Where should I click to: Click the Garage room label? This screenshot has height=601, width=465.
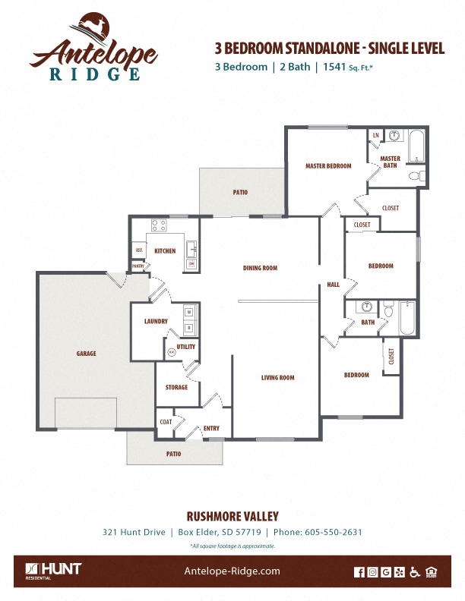[86, 354]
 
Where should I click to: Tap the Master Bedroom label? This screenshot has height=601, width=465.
[328, 166]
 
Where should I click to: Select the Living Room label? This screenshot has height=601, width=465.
[277, 378]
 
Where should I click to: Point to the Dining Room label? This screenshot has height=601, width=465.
[260, 268]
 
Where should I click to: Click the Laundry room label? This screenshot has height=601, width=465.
[156, 322]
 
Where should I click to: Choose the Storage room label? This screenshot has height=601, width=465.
[176, 388]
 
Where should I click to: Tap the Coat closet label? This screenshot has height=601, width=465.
[166, 422]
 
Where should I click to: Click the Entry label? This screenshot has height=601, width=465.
[211, 429]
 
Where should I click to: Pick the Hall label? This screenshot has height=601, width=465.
[333, 285]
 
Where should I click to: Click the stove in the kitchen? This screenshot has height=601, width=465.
[159, 225]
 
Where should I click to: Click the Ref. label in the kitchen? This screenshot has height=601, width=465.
[139, 250]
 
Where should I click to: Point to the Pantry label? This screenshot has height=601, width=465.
[138, 266]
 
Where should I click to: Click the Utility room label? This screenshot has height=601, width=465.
[186, 347]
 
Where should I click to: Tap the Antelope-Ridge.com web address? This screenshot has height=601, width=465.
[232, 571]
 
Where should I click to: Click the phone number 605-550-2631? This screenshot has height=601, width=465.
[334, 532]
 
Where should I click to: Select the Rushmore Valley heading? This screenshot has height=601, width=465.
[232, 516]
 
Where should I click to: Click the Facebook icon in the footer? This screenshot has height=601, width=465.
[360, 572]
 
